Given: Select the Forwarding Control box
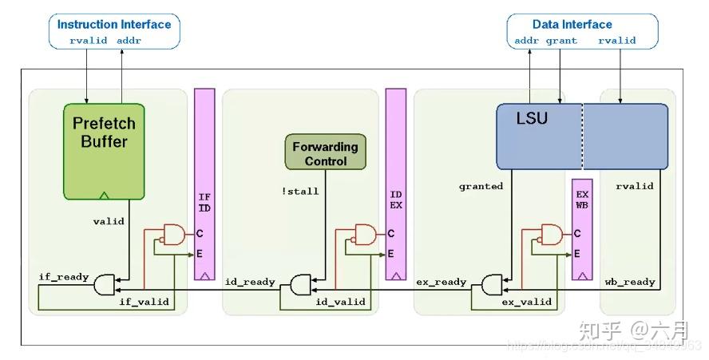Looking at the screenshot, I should (x=325, y=153).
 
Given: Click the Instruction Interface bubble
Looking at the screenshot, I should (x=114, y=31).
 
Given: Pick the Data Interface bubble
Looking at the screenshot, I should (x=583, y=31).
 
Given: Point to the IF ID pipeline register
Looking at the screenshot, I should (x=205, y=184).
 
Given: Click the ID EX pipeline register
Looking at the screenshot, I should (x=396, y=184).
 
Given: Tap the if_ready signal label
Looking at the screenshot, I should (x=64, y=277).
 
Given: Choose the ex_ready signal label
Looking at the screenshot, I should (x=441, y=282).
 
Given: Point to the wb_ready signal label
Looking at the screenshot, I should (x=629, y=282).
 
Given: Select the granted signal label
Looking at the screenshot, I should (x=481, y=186).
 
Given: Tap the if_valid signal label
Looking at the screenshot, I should (x=143, y=302).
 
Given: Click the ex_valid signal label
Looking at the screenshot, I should (x=526, y=302).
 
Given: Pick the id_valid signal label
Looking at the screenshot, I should (x=340, y=302).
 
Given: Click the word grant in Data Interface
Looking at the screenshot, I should (x=561, y=40).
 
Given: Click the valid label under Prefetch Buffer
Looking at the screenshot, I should (x=109, y=221).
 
